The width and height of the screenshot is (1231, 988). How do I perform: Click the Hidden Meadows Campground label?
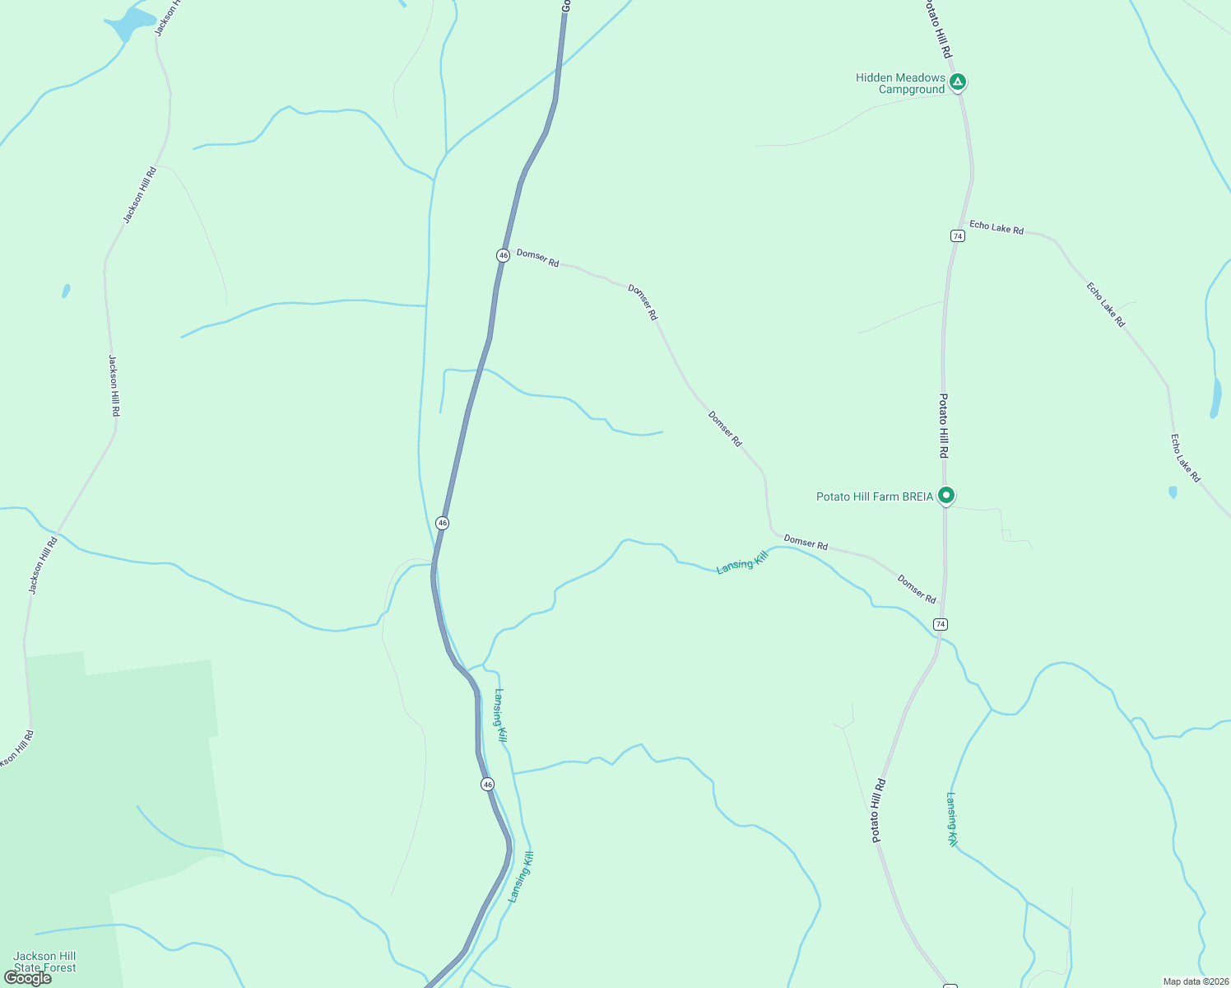[x=900, y=83]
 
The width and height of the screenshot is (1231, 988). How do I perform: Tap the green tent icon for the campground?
[x=957, y=82]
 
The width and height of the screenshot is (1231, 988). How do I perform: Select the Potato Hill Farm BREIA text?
[x=875, y=496]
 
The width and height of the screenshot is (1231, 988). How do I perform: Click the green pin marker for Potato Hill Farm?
[x=946, y=495]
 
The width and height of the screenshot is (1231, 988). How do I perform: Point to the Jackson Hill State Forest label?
[x=44, y=962]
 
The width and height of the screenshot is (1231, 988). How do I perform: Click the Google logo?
[x=28, y=978]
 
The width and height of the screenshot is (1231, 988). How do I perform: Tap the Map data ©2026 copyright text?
[x=1196, y=981]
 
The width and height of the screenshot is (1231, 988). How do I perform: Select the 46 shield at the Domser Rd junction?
[x=503, y=255]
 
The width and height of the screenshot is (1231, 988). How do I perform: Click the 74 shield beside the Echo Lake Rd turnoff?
[x=957, y=235]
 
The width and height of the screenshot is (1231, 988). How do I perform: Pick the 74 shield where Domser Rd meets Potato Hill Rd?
[x=941, y=624]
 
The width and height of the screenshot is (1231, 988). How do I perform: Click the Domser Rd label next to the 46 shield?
[x=537, y=258]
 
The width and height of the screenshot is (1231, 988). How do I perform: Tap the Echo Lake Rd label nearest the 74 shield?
[x=996, y=227]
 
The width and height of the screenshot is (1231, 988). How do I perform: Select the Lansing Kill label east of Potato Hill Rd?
[x=951, y=819]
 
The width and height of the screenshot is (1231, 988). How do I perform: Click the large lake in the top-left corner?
[x=132, y=23]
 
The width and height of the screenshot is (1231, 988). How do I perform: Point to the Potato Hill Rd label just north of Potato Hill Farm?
[x=944, y=426]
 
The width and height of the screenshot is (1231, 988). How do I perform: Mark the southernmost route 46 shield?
[x=488, y=784]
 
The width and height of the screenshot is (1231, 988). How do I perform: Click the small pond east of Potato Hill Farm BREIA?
[x=1173, y=492]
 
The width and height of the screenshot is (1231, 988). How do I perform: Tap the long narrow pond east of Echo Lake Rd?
[x=1215, y=398]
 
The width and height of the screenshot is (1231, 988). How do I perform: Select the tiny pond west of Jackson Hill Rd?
[x=66, y=291]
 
